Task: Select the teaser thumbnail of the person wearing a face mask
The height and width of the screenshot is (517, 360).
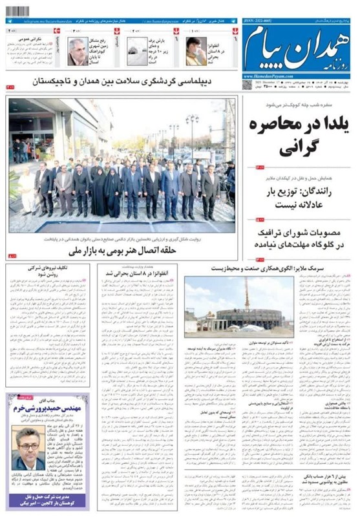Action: click(x=195, y=51)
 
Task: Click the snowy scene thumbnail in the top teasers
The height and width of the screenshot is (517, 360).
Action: click(x=137, y=51)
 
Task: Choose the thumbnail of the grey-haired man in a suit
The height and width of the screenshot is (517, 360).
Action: click(x=78, y=51)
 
